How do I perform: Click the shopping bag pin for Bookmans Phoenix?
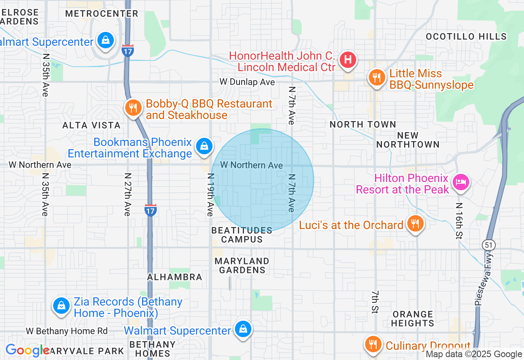[x=203, y=146]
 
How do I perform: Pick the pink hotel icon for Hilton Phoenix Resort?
[x=461, y=181]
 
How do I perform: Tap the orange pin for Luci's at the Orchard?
[x=415, y=224]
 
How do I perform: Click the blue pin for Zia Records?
[x=61, y=306]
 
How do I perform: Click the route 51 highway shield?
[x=488, y=245]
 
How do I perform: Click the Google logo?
[x=27, y=351]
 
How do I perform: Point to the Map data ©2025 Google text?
[x=474, y=354]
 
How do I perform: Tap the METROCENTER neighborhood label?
[x=102, y=13]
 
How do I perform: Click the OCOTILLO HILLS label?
[x=466, y=36]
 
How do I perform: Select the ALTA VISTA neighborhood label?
[x=92, y=125]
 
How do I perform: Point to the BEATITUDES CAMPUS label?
[x=242, y=235]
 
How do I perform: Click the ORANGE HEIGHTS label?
[x=412, y=319]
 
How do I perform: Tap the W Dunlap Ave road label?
[x=247, y=82]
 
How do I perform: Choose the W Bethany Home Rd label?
[x=67, y=331]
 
